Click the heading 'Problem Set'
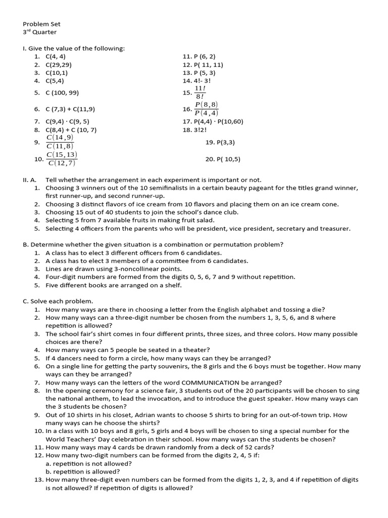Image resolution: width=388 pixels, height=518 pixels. tap(41, 24)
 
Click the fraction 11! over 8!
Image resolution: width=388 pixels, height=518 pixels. tap(200, 93)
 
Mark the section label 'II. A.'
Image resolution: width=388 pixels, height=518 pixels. tap(31, 180)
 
